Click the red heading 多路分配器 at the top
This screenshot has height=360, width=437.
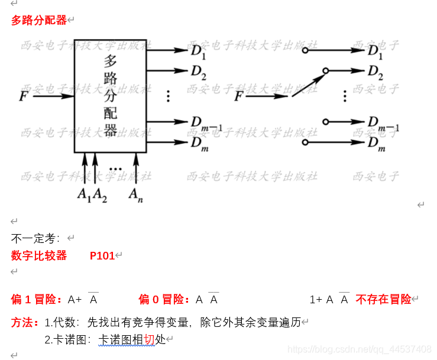[39, 21]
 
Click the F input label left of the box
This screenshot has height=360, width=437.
[24, 96]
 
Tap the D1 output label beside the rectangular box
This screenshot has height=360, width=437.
[198, 52]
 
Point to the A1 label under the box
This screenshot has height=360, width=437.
[85, 194]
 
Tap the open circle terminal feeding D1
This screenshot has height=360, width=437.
[305, 51]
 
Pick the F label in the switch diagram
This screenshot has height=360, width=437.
[239, 96]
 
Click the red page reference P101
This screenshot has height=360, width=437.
[102, 256]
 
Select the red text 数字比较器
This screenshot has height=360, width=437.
[39, 256]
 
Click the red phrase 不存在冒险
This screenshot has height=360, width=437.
[383, 300]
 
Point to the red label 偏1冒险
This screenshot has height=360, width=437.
[37, 300]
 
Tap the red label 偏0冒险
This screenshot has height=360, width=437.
[164, 300]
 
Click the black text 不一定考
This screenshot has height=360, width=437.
[35, 239]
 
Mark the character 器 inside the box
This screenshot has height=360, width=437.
[111, 129]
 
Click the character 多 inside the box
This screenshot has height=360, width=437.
[111, 60]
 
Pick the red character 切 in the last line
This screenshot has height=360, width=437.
[149, 340]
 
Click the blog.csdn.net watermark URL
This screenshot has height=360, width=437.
[360, 349]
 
